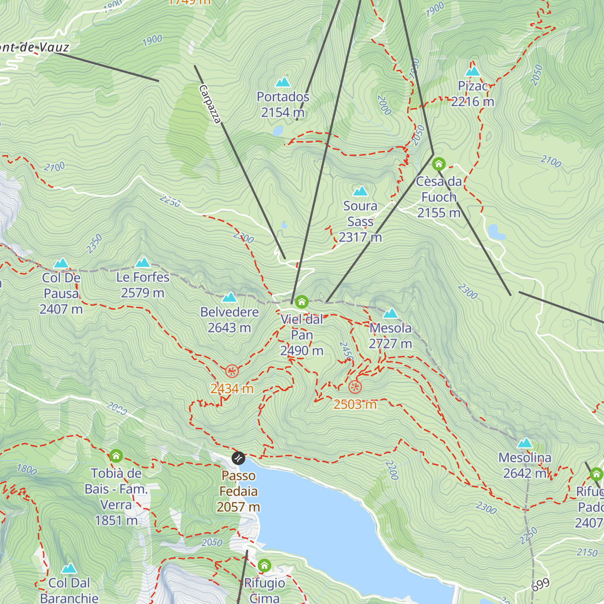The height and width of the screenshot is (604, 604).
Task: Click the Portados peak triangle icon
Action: click(x=283, y=82)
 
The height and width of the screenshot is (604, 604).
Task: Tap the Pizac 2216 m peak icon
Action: click(x=473, y=71)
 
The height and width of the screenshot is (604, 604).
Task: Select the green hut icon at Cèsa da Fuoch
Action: click(x=439, y=164)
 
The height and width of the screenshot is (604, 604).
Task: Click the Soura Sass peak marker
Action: click(x=360, y=191)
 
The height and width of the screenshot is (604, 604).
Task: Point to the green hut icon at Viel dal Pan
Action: click(x=301, y=302)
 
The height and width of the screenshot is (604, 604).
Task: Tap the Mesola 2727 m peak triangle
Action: click(x=391, y=314)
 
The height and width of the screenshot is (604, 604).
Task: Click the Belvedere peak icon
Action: click(x=230, y=297)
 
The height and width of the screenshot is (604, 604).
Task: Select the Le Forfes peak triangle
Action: click(x=143, y=262)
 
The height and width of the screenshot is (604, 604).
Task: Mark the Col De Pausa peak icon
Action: click(x=61, y=263)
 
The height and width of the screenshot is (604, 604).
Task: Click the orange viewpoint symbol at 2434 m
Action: click(x=232, y=371)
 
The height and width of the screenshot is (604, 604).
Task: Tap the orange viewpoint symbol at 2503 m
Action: click(x=355, y=387)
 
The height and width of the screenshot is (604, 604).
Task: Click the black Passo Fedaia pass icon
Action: click(x=238, y=458)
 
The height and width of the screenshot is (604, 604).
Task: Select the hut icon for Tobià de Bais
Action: click(x=116, y=456)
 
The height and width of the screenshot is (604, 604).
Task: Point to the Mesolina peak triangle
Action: click(x=525, y=443)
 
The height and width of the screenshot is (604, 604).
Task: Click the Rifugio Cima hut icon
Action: click(x=264, y=565)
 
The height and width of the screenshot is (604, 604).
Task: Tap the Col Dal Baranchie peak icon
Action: click(x=69, y=568)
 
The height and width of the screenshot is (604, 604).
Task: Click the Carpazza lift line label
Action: click(x=210, y=104)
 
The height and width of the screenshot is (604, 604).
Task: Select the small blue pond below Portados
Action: click(x=277, y=131)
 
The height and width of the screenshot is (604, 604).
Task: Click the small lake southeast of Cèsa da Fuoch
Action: click(x=496, y=232)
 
